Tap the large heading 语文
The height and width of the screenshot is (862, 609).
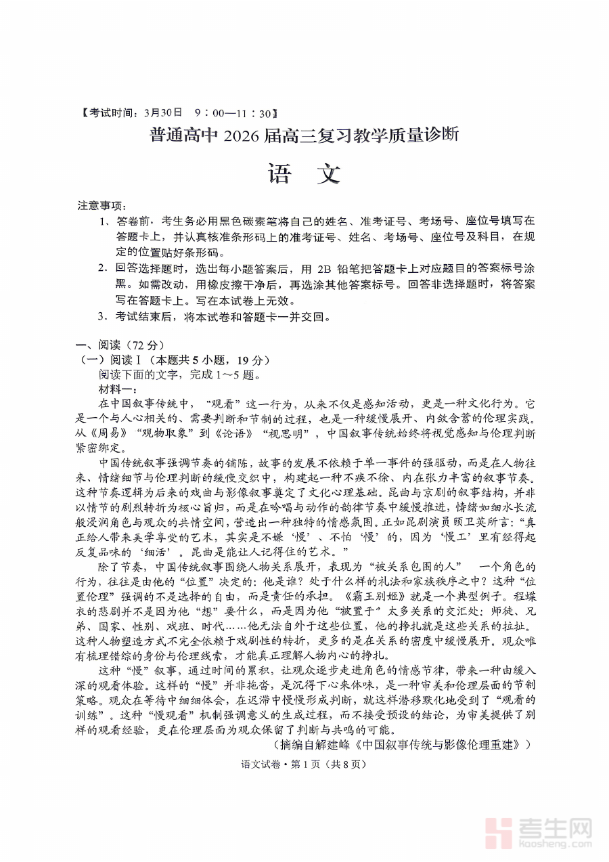coord(304,175)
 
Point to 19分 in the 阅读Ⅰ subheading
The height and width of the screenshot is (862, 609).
coord(252,360)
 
